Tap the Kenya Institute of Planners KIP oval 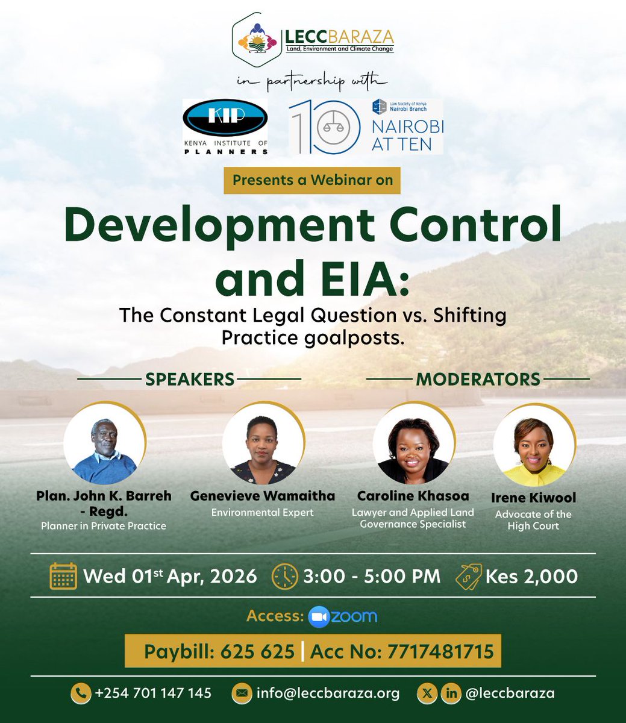[225, 119]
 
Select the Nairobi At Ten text [407, 136]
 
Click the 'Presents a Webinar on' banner [312, 180]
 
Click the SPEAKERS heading [189, 379]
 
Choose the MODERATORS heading [478, 379]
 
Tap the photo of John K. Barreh [104, 445]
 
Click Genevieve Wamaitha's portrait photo [263, 445]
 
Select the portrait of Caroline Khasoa [413, 445]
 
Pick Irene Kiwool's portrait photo [533, 445]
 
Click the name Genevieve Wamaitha [263, 496]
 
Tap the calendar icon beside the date [63, 576]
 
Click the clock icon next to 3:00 [285, 576]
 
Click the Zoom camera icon [319, 616]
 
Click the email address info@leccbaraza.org [328, 693]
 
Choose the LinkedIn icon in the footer [451, 693]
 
